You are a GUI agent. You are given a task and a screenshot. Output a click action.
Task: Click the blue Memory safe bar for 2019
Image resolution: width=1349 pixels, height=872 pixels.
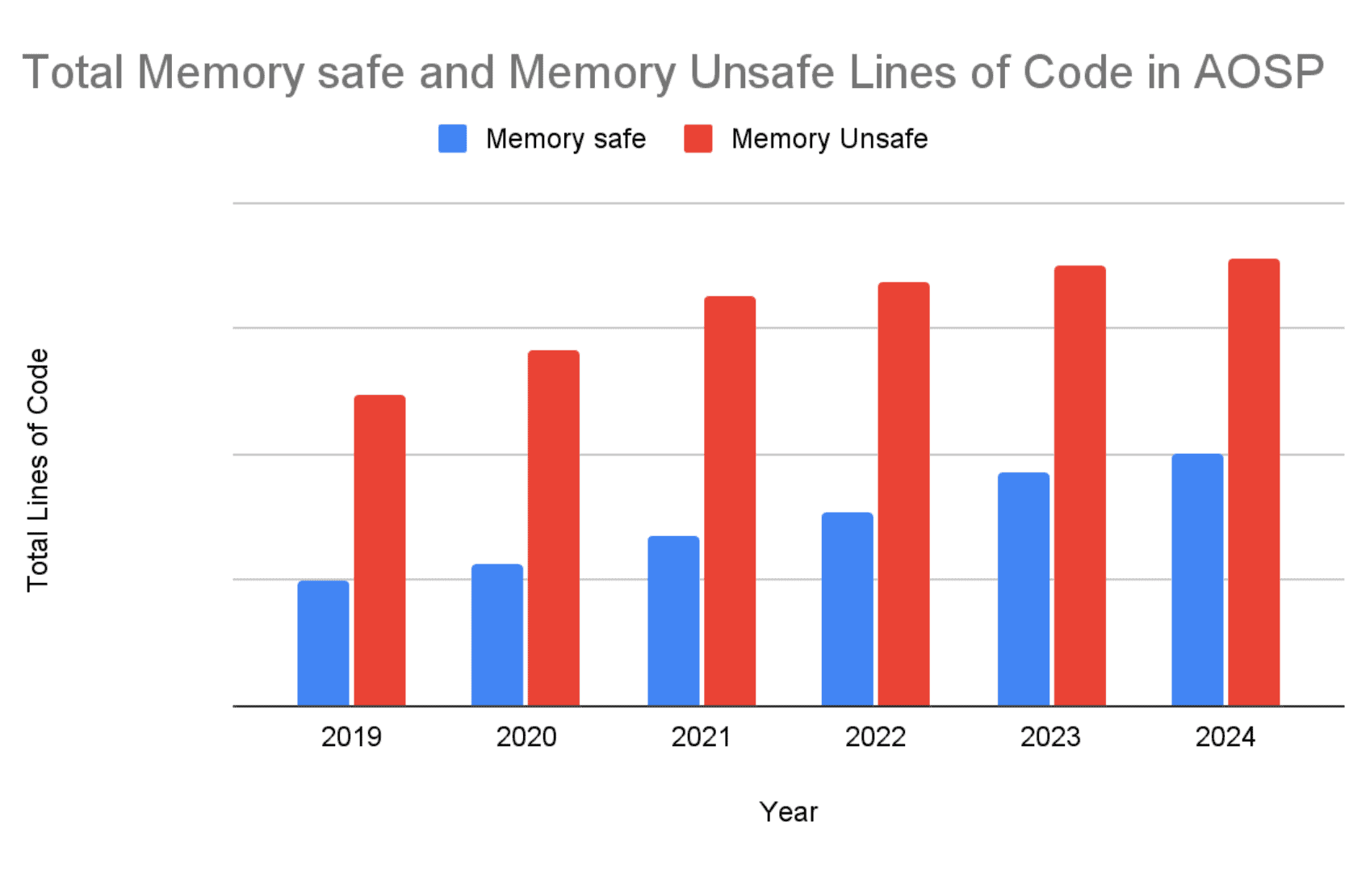pos(323,644)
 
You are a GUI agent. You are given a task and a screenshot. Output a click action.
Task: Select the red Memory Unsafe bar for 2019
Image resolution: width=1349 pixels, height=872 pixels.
pos(379,551)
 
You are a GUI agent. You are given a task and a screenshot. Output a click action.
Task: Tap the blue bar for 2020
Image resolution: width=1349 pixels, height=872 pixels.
pos(497,635)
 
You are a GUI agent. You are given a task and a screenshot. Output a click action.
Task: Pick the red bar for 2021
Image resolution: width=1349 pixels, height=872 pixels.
pos(730,501)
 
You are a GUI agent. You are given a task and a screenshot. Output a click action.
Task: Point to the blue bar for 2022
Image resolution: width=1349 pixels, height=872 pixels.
pos(847,609)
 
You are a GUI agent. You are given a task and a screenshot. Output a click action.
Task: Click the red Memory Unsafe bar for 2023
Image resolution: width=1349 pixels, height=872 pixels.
pos(1079,486)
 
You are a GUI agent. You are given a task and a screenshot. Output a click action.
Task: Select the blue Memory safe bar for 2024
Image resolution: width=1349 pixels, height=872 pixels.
pos(1197,580)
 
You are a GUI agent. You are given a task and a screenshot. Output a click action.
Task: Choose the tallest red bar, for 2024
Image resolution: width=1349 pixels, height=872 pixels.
pos(1254,482)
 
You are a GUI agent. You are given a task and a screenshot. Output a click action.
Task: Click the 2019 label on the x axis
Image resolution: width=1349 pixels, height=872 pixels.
pos(351,736)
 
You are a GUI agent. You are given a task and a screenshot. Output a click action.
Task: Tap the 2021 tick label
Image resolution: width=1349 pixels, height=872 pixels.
pos(701,736)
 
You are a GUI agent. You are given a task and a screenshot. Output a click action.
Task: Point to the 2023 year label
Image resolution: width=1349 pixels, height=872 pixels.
pos(1050,736)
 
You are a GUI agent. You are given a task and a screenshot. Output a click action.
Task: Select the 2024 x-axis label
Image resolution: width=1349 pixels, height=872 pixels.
pos(1225,736)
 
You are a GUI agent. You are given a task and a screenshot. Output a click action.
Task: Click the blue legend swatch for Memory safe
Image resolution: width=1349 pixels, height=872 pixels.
pos(452,139)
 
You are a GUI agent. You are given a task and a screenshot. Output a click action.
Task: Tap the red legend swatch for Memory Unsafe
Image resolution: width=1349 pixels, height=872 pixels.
pos(698,139)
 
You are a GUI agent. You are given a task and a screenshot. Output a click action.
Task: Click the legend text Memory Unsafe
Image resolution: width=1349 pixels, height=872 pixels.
pos(829,139)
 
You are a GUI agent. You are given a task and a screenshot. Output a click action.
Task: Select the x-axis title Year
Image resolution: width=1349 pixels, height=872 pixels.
pos(788,811)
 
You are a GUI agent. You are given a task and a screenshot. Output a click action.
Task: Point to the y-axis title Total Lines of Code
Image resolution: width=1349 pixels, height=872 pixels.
pos(38,470)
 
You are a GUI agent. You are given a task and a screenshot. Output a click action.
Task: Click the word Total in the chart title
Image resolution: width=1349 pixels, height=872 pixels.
pos(73,72)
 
